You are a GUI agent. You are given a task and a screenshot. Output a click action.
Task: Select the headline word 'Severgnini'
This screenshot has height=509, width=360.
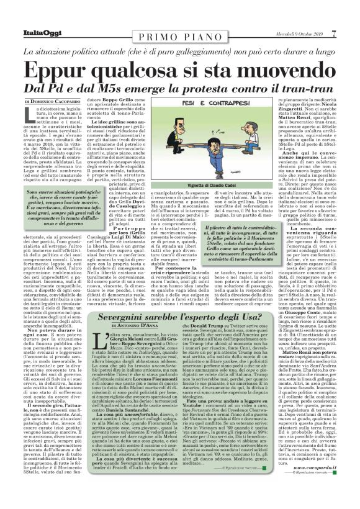click(x=122, y=317)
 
